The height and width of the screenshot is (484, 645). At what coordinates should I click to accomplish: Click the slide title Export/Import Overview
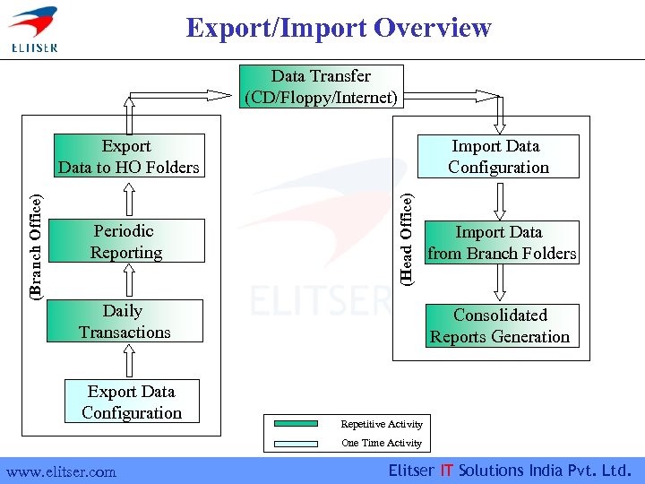tap(339, 28)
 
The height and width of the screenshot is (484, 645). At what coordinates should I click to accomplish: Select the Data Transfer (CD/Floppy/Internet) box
tap(321, 87)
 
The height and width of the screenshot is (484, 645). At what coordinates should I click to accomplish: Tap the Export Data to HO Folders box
tap(128, 156)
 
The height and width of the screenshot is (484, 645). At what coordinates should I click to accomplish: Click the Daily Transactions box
tap(125, 321)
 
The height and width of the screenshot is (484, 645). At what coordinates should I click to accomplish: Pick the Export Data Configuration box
tap(132, 402)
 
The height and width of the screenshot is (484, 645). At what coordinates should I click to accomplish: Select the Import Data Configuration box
tap(498, 156)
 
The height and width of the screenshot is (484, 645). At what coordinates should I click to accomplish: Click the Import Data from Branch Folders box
tap(501, 242)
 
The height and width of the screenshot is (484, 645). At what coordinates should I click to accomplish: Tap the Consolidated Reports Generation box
tap(500, 325)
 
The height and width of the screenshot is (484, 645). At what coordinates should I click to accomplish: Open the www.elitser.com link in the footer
tap(61, 471)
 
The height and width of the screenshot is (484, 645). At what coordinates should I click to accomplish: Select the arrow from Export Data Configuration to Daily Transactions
tap(131, 360)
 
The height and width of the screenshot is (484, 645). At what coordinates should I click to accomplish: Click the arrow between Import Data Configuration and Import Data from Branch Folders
tap(500, 198)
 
